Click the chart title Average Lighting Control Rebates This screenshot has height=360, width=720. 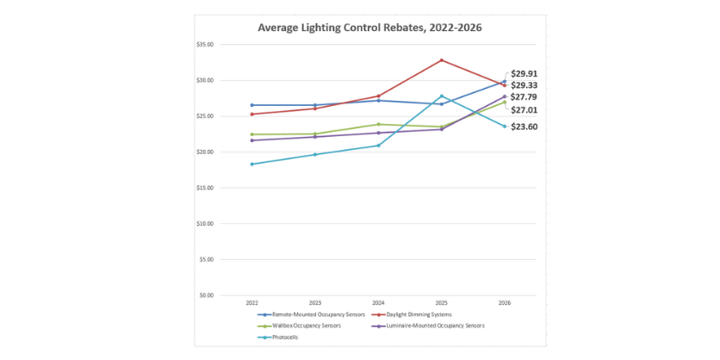[369, 28]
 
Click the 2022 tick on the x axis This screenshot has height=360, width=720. [251, 303]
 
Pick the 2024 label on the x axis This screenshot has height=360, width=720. [378, 303]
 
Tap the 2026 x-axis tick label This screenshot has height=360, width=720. [505, 303]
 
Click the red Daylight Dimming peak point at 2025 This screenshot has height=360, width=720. [442, 60]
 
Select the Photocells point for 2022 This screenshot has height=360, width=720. [251, 164]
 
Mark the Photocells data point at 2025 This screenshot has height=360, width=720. [442, 96]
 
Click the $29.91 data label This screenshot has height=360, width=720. [524, 74]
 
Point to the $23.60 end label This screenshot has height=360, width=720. [524, 127]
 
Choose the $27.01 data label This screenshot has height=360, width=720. [524, 110]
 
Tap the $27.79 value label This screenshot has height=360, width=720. [524, 97]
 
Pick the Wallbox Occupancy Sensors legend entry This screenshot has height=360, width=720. [301, 326]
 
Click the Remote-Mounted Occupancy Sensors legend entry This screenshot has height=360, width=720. [313, 315]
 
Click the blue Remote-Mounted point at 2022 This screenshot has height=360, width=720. [251, 105]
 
